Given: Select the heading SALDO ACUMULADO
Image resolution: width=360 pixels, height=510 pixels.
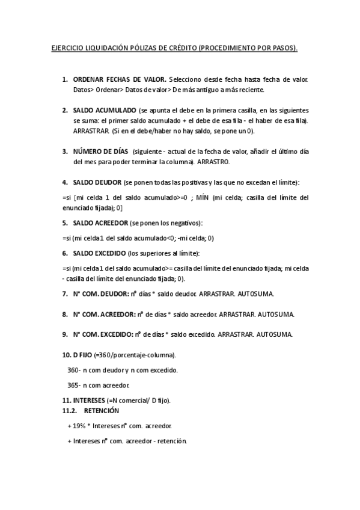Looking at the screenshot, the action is pyautogui.click(x=104, y=111).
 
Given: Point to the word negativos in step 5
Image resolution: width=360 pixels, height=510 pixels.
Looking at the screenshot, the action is pyautogui.click(x=184, y=223).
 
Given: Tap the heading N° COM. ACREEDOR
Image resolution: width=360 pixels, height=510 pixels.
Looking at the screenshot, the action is pyautogui.click(x=105, y=314).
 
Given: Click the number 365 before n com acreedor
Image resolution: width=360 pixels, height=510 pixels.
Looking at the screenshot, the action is pyautogui.click(x=73, y=385).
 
